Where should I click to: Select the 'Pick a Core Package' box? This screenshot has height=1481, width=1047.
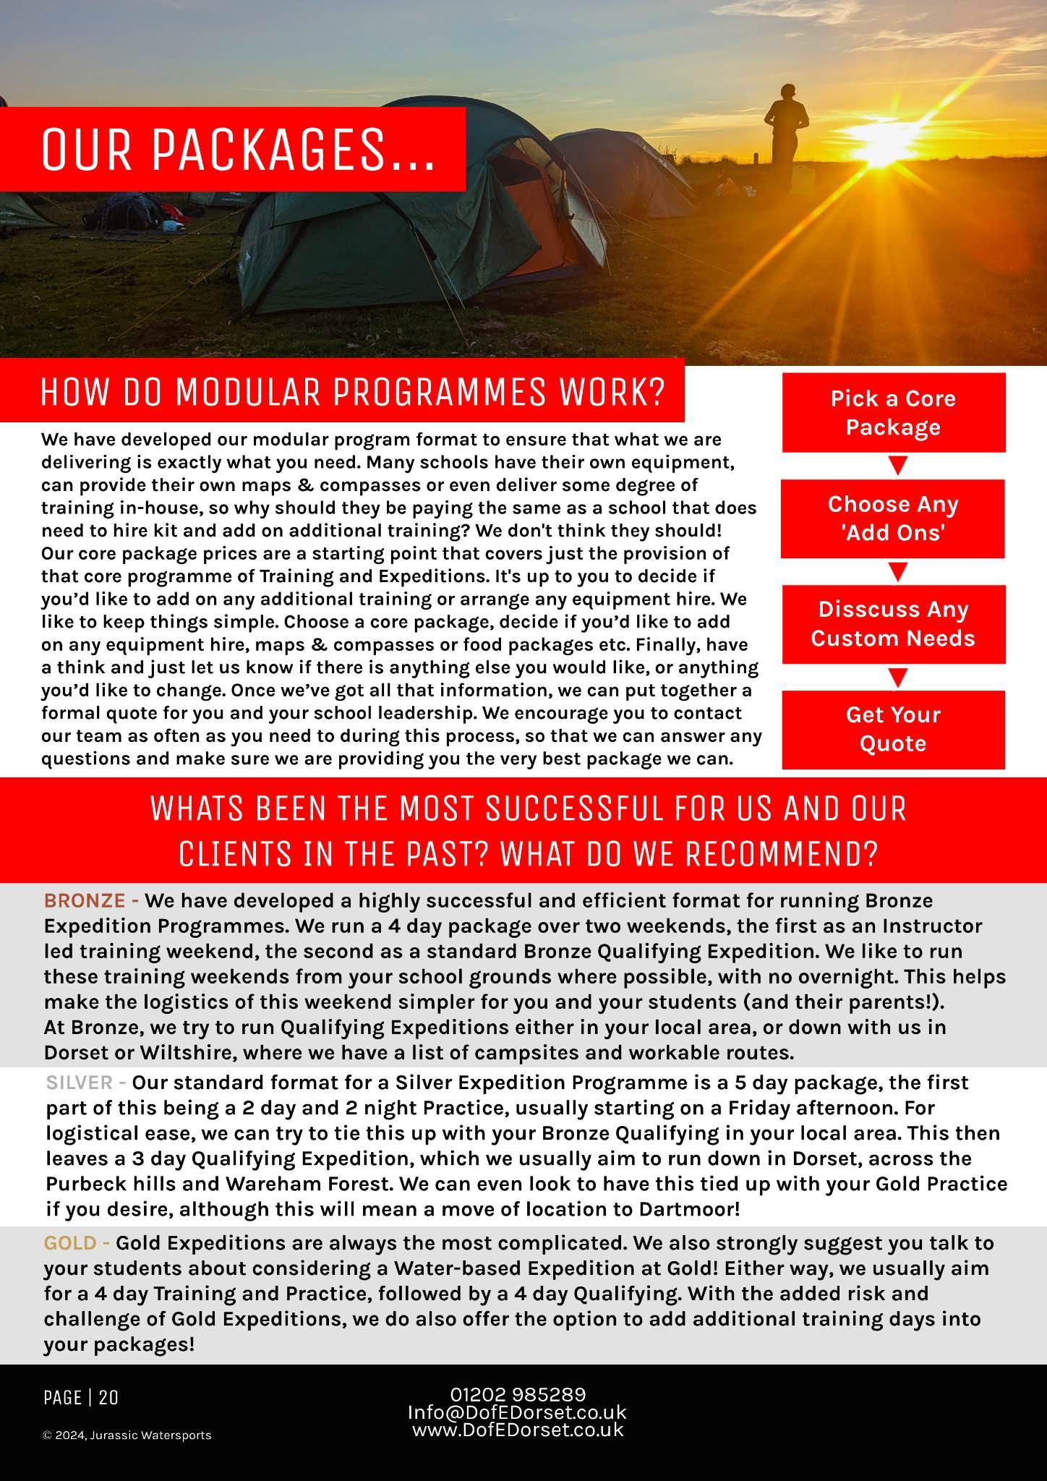point(893,413)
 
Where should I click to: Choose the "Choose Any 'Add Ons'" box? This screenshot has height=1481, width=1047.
point(893,518)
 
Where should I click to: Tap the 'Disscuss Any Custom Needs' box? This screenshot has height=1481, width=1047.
point(893,624)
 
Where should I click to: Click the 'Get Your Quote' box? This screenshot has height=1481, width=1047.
point(893,730)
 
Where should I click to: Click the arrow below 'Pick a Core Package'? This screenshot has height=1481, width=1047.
point(897,466)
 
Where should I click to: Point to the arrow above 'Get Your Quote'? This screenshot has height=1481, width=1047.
point(897,678)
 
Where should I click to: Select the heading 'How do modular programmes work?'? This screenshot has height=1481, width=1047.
point(352,392)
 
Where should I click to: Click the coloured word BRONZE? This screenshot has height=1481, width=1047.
point(85,901)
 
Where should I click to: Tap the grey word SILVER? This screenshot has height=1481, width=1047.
point(80,1083)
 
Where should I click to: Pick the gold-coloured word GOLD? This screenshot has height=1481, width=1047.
point(70,1243)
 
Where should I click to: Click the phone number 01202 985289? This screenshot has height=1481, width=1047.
point(518,1395)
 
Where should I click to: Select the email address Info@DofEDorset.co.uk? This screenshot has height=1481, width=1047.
point(517,1412)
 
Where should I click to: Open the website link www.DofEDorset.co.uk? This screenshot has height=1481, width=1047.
point(518,1430)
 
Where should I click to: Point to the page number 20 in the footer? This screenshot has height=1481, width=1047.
point(108,1398)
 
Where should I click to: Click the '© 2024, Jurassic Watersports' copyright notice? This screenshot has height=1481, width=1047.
point(127,1435)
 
